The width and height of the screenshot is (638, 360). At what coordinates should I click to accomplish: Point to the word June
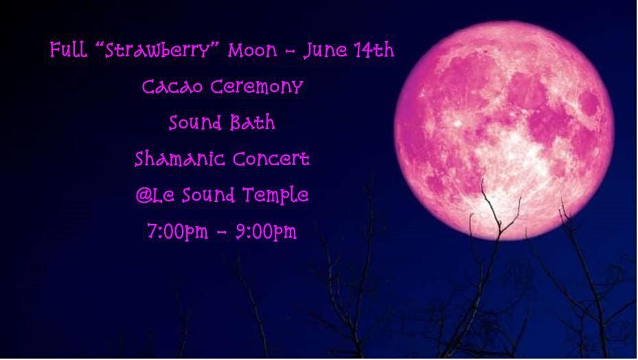click(x=326, y=51)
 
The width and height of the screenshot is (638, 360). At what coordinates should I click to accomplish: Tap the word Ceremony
click(x=256, y=88)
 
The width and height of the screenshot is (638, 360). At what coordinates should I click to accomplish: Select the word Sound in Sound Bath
click(x=196, y=124)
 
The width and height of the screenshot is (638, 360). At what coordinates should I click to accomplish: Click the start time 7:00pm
click(x=177, y=232)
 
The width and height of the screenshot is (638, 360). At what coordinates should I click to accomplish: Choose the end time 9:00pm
click(x=266, y=232)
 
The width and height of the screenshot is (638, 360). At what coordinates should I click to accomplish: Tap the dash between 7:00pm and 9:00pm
click(x=221, y=234)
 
